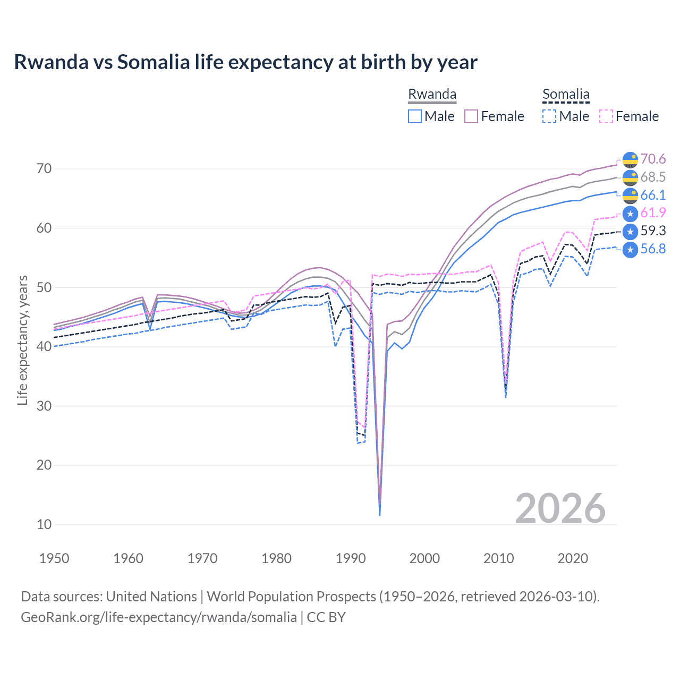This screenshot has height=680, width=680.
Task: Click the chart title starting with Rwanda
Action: pyautogui.click(x=245, y=62)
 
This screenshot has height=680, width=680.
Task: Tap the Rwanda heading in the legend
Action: pyautogui.click(x=432, y=94)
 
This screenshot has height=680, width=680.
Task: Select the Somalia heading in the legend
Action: pyautogui.click(x=566, y=94)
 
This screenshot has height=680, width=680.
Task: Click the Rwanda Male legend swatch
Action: pyautogui.click(x=415, y=116)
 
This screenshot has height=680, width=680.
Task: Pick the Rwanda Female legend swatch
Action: pyautogui.click(x=471, y=116)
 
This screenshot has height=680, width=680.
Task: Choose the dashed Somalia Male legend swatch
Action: pyautogui.click(x=549, y=116)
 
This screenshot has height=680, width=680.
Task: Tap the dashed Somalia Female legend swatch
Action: pyautogui.click(x=606, y=116)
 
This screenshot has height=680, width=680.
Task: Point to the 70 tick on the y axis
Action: pyautogui.click(x=44, y=169)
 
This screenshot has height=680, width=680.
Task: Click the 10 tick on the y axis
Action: pyautogui.click(x=44, y=524)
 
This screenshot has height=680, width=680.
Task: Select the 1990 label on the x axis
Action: pyautogui.click(x=351, y=558)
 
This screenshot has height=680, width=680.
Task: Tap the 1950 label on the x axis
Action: pyautogui.click(x=54, y=558)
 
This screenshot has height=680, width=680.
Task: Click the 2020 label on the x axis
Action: pyautogui.click(x=573, y=558)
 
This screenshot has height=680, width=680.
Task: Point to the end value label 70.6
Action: pyautogui.click(x=653, y=159)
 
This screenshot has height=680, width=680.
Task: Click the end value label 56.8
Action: pyautogui.click(x=653, y=249)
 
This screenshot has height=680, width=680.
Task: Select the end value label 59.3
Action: pyautogui.click(x=653, y=231)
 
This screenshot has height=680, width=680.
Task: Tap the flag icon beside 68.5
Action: pyautogui.click(x=630, y=177)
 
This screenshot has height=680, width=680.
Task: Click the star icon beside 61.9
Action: pyautogui.click(x=630, y=214)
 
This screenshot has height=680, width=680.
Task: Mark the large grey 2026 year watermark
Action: pyautogui.click(x=560, y=508)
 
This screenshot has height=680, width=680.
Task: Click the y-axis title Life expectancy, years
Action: pyautogui.click(x=22, y=340)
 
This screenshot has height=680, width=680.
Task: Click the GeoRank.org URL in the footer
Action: pyautogui.click(x=158, y=617)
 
